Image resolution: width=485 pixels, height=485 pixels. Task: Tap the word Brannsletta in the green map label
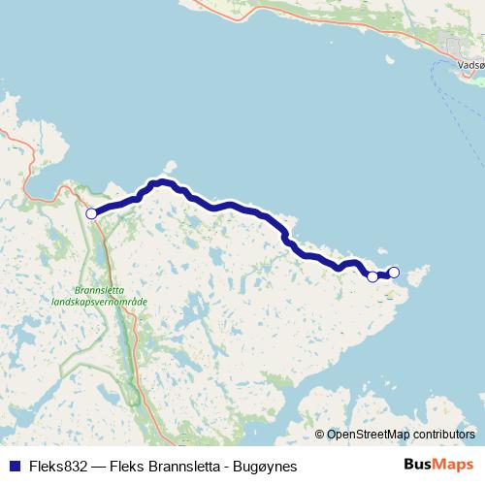(100, 290)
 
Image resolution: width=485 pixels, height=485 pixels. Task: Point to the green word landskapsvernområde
(100, 302)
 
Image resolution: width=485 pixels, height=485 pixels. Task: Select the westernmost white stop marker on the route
(91, 213)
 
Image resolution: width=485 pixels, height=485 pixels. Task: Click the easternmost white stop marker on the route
(394, 272)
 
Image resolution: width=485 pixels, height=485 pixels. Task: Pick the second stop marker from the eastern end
(372, 276)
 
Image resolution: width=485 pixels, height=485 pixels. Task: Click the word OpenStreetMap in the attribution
(368, 435)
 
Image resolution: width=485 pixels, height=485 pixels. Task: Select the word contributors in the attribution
(443, 435)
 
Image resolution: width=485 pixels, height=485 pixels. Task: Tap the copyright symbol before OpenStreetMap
(320, 435)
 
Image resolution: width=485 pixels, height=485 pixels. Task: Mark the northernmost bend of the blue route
(162, 181)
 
